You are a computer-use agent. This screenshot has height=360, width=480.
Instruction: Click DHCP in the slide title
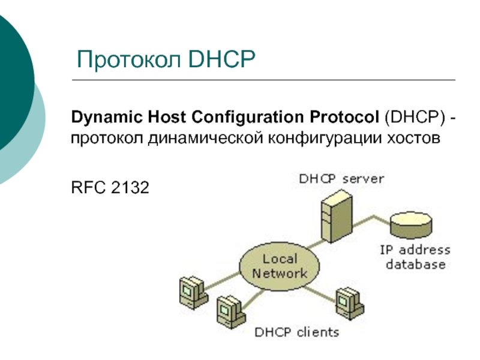point(222,61)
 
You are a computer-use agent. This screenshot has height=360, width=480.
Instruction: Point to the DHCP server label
point(341,178)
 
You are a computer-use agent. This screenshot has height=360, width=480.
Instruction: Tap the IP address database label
point(415,257)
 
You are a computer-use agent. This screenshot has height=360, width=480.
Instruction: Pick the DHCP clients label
point(298,332)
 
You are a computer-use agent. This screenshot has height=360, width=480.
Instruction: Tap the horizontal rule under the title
point(264,80)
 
